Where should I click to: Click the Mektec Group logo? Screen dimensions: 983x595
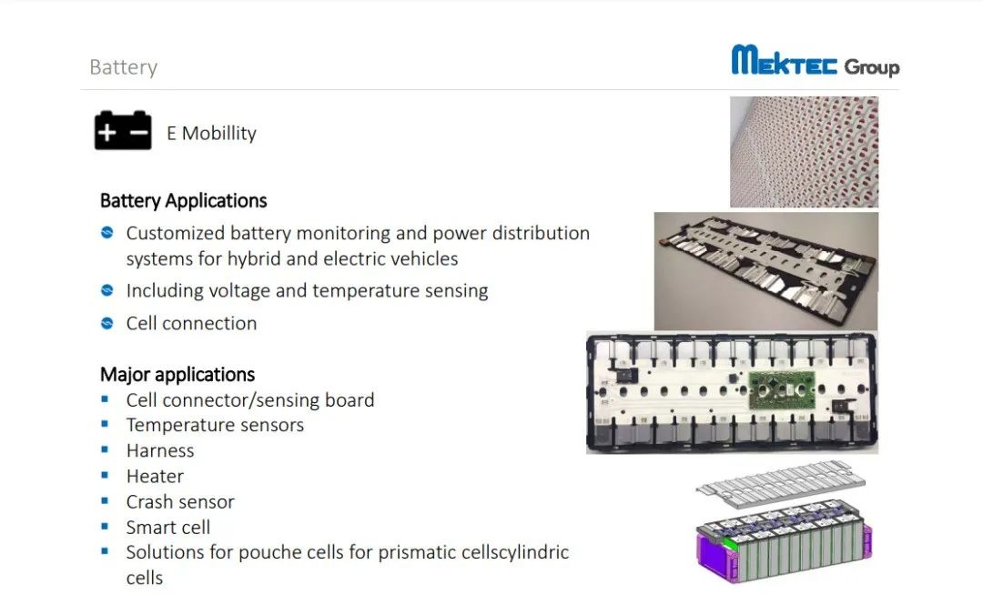tap(815, 61)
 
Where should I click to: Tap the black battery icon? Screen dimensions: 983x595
tap(123, 130)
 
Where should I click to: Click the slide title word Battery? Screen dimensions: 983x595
tap(124, 67)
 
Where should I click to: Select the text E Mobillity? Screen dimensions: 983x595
tap(212, 133)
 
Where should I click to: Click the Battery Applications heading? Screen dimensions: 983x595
tap(184, 200)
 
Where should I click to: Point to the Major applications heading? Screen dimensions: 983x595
tap(177, 374)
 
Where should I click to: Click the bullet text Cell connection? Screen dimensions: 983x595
tap(191, 323)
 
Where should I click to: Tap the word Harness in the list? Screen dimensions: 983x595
tap(160, 450)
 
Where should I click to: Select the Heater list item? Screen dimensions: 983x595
tap(155, 476)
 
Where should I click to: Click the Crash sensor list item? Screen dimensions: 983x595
tap(180, 501)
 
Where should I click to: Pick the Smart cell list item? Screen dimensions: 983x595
tap(168, 528)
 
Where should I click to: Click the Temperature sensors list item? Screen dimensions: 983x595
tap(215, 425)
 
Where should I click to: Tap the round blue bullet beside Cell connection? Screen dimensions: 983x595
tap(107, 323)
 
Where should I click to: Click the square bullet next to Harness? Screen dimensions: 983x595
tap(105, 449)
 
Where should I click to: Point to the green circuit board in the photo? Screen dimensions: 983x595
tap(782, 390)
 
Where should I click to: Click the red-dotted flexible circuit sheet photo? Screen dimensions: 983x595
tap(805, 152)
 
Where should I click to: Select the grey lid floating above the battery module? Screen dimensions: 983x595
tap(781, 481)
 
